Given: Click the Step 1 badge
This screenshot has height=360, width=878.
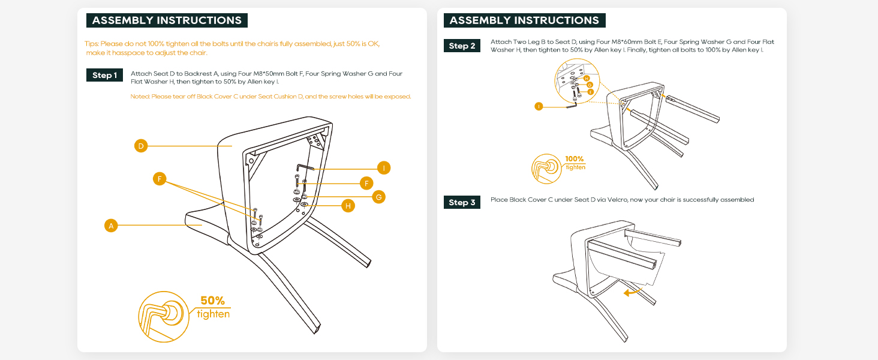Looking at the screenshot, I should pos(105,76).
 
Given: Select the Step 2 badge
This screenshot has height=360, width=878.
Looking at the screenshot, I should pos(462,46).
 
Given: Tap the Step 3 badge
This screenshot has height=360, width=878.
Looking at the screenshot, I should pos(462,203).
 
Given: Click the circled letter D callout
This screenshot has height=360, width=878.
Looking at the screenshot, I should pos(140,146).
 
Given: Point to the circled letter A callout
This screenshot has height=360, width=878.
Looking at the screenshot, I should pos(110,226).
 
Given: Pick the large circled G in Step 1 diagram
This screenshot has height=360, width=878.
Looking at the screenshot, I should pos(378,197).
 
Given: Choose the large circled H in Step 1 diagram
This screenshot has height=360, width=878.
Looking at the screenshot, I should pos(347,206).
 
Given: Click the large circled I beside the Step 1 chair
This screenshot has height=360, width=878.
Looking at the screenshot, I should pos(384,168).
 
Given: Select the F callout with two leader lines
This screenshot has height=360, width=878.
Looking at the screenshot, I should pos(159,179).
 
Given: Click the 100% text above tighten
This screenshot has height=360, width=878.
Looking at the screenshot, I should pos(574,160).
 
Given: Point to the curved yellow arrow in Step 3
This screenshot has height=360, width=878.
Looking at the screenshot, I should pos(630,292).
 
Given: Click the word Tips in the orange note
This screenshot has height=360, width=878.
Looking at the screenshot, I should pos(91,44).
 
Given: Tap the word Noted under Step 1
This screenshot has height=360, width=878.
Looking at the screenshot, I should pos(139,97).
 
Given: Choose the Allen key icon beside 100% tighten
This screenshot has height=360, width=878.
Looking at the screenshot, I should pos(546,167).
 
